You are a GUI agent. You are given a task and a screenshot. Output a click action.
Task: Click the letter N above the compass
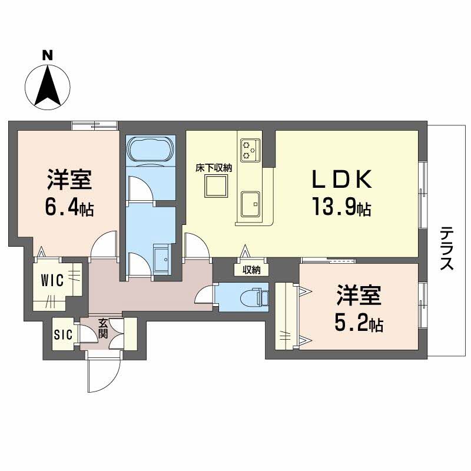tap(48, 56)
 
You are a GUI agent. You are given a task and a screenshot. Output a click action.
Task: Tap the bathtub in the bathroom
tap(151, 149)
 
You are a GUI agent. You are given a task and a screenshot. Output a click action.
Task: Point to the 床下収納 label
tap(214, 168)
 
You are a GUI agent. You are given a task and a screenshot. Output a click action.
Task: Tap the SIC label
tap(63, 335)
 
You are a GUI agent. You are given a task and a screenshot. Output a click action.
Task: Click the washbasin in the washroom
tap(160, 257)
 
